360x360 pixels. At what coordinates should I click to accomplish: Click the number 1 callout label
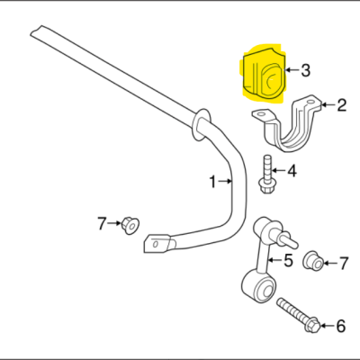click(x=212, y=182)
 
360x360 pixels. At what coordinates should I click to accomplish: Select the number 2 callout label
click(x=342, y=105)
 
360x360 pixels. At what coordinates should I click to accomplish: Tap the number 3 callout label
click(x=305, y=70)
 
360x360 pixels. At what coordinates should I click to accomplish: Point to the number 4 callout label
click(x=292, y=171)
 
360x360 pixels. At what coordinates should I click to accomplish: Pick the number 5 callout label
click(x=288, y=260)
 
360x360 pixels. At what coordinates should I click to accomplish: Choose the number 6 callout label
click(x=340, y=326)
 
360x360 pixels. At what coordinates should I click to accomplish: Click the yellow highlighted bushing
click(x=264, y=76)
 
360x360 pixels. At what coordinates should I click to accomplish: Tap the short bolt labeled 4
click(x=266, y=175)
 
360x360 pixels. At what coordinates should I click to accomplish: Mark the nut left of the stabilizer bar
click(x=130, y=225)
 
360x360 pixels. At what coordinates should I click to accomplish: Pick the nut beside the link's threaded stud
click(x=313, y=261)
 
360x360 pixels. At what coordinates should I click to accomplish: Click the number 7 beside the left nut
click(x=102, y=223)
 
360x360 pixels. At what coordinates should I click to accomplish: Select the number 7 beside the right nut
click(x=343, y=264)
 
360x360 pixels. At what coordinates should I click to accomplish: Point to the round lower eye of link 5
click(x=258, y=286)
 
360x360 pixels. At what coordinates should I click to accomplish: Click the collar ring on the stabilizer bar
click(x=201, y=124)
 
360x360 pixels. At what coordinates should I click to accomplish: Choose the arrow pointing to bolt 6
click(x=328, y=326)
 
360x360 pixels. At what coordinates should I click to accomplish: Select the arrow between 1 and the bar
click(x=225, y=181)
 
